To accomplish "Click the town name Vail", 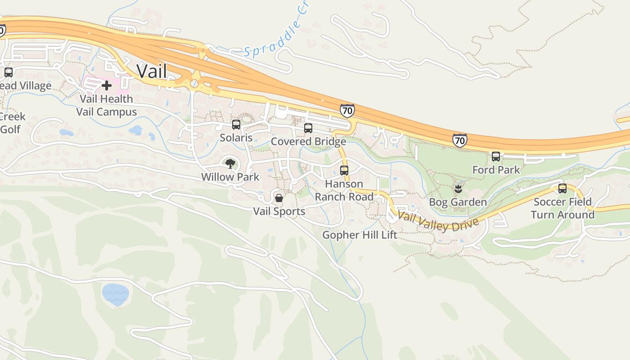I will pyautogui.click(x=152, y=71).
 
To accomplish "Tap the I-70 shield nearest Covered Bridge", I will pyautogui.click(x=347, y=110).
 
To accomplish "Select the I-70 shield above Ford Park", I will pyautogui.click(x=459, y=140).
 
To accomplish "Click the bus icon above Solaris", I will pyautogui.click(x=236, y=125).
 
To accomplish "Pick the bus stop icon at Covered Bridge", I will pyautogui.click(x=308, y=128).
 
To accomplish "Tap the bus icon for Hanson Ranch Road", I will pyautogui.click(x=344, y=171).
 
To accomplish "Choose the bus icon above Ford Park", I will pyautogui.click(x=496, y=157).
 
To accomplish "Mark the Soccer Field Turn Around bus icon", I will pyautogui.click(x=562, y=189).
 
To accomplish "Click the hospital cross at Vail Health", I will pyautogui.click(x=107, y=85).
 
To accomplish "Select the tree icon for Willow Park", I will pyautogui.click(x=230, y=163).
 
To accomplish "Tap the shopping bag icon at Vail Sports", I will pyautogui.click(x=279, y=198).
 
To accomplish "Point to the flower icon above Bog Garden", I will pyautogui.click(x=458, y=189).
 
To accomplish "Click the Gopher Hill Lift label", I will pyautogui.click(x=360, y=235).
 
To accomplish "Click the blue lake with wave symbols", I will pyautogui.click(x=115, y=294).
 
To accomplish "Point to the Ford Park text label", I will pyautogui.click(x=496, y=170).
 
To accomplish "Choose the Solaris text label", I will pyautogui.click(x=236, y=138).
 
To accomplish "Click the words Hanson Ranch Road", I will pyautogui.click(x=344, y=190).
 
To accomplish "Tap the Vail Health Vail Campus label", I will pyautogui.click(x=107, y=105).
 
